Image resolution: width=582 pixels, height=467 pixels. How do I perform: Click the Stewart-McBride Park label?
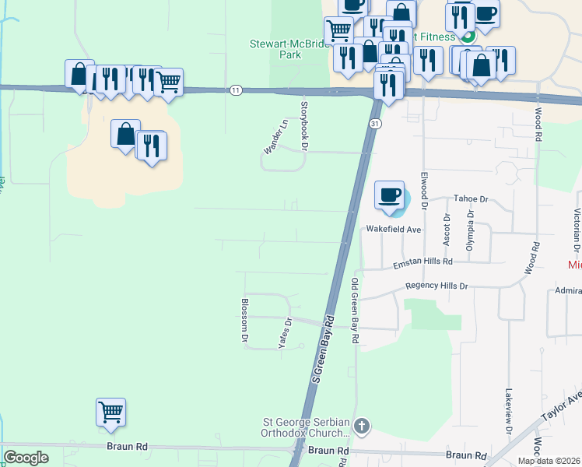[x=284, y=50]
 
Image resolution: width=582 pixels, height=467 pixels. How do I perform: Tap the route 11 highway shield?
[x=236, y=90]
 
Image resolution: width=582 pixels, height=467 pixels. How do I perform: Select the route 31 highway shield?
[x=375, y=124]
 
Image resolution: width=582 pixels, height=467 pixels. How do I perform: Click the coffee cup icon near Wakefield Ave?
[x=389, y=195]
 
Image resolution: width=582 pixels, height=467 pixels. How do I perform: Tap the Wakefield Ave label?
[x=393, y=230]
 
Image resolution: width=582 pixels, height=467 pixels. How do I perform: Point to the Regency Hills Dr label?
[x=436, y=286]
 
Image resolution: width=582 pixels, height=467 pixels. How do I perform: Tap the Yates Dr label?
[x=284, y=332]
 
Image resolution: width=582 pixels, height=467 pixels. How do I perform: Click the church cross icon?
[x=361, y=426]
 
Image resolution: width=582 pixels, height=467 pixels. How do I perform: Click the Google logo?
[x=26, y=458]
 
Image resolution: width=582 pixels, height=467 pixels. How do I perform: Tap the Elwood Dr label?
[x=424, y=191]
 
